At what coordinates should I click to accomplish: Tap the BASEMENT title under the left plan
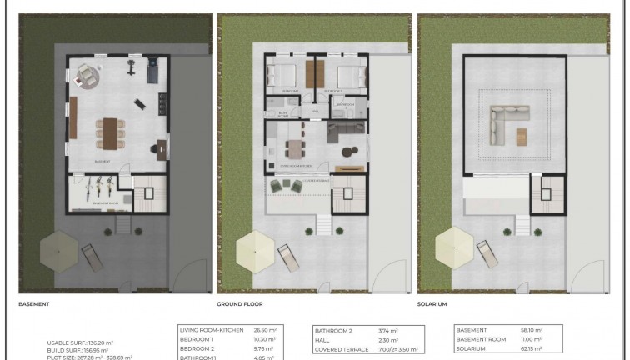pyautogui.click(x=34, y=305)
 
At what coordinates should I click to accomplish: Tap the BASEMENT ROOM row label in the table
pyautogui.click(x=485, y=340)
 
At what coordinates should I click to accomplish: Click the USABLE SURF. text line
pyautogui.click(x=79, y=342)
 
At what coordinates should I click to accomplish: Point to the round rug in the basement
pyautogui.click(x=87, y=76)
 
